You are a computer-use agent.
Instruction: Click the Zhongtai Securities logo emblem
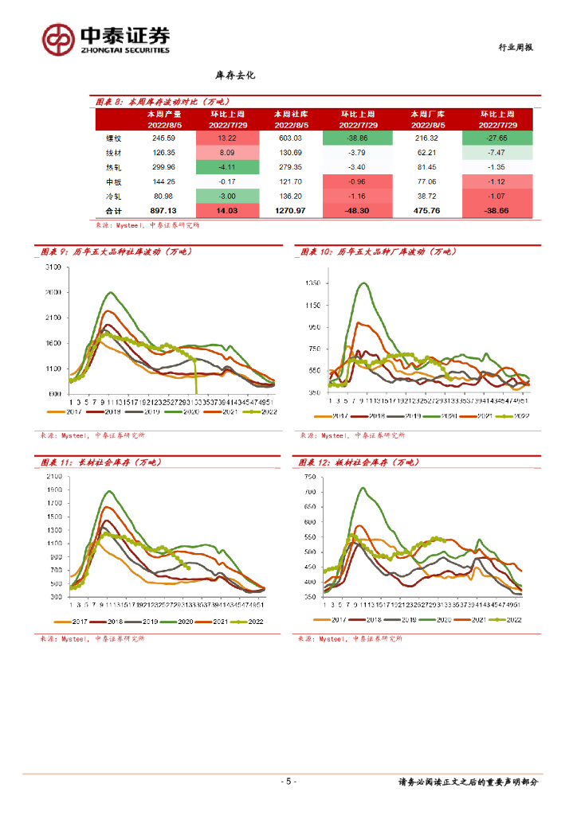59,38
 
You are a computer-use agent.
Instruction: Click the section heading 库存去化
234,76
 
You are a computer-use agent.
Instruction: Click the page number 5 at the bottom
288,782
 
